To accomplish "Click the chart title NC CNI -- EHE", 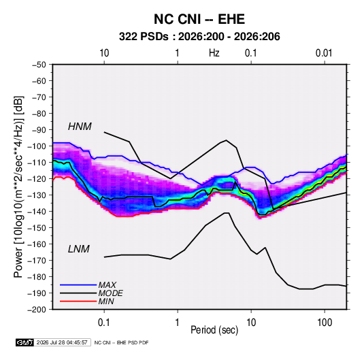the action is tap(199, 19).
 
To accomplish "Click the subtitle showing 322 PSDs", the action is tap(199, 37).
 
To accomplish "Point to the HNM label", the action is tap(80, 127).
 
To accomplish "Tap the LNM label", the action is tap(79, 249).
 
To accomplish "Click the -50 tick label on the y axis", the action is tap(39, 65).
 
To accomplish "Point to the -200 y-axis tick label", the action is tap(37, 310).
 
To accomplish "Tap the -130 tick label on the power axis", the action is tap(37, 195).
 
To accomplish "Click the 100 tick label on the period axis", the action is tap(325, 323).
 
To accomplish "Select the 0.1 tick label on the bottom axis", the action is tap(104, 323).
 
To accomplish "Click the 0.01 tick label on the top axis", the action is tap(324, 53).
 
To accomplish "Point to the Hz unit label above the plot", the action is tap(214, 53).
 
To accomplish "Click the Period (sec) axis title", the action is tap(214, 330).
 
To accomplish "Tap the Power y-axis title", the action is tap(18, 187).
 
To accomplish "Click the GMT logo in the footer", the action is tap(25, 342).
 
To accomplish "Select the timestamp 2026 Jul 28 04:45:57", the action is tap(62, 342).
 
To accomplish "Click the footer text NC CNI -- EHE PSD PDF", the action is tap(121, 342).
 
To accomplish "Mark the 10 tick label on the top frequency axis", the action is tap(104, 53).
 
